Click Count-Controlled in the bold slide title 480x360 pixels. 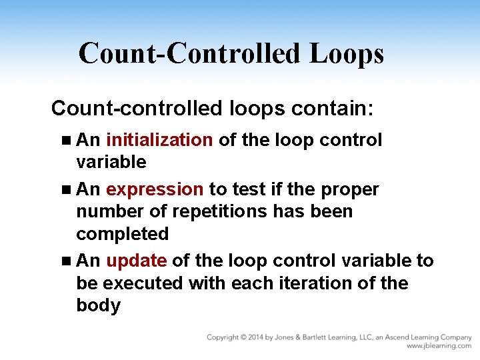point(190,53)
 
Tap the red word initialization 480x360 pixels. point(159,140)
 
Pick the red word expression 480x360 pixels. point(155,189)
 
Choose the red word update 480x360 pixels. point(136,261)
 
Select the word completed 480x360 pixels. point(123,234)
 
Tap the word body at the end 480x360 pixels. point(98,306)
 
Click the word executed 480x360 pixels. point(142,283)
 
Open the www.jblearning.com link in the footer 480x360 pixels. point(439,346)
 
